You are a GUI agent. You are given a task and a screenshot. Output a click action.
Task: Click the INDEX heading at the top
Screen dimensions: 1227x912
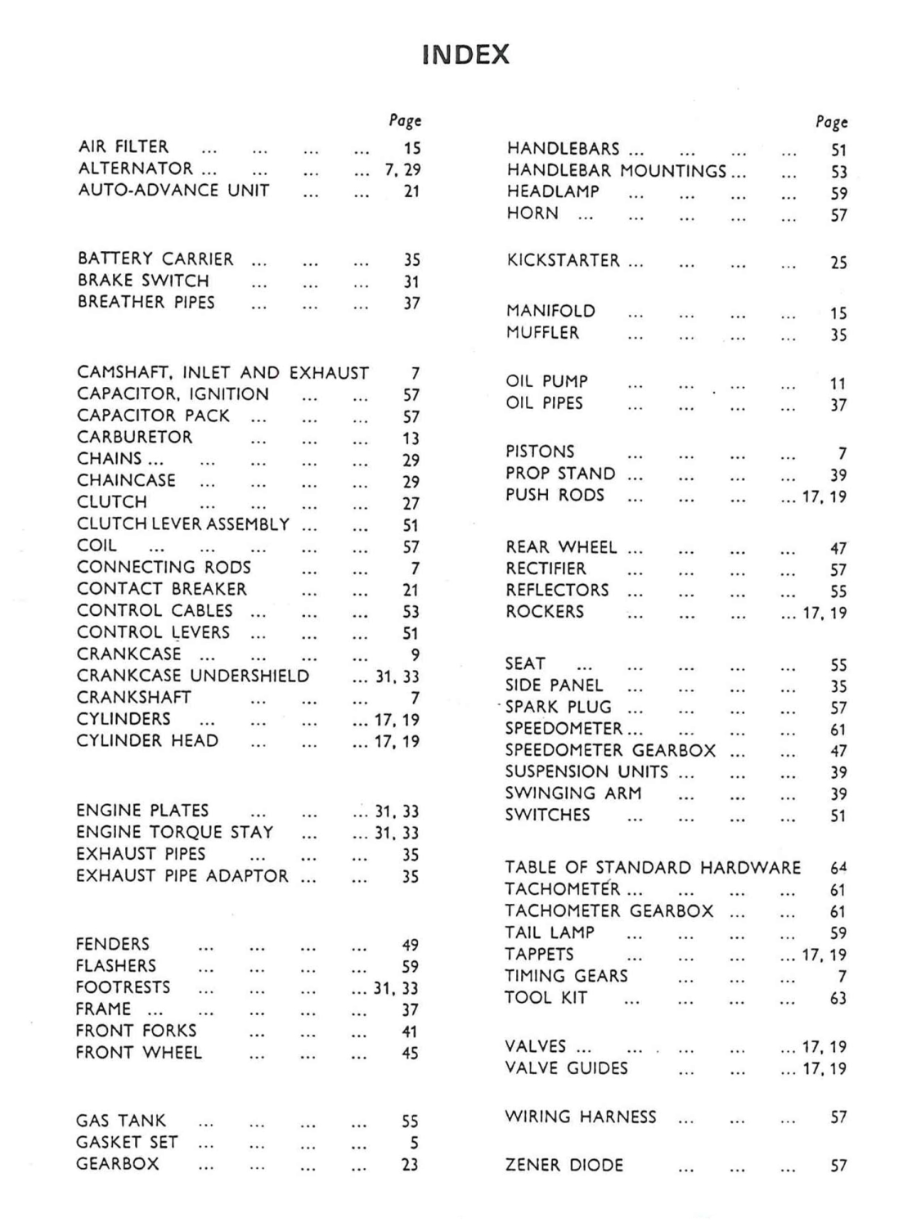tap(466, 55)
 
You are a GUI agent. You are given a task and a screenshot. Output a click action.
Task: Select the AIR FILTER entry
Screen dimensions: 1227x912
tap(124, 147)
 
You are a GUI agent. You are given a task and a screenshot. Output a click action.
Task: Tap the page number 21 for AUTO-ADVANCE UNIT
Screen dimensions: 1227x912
tap(411, 191)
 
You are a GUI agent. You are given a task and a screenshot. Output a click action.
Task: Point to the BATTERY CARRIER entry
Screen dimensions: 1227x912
tap(155, 259)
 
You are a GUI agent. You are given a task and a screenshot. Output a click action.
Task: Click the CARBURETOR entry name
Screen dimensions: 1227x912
tap(135, 438)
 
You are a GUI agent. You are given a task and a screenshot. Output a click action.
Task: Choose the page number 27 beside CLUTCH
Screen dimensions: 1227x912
tap(411, 504)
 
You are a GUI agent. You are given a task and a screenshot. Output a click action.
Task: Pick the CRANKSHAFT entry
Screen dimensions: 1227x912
tap(134, 698)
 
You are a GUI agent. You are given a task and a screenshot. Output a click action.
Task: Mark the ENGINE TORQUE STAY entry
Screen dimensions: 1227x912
tap(175, 833)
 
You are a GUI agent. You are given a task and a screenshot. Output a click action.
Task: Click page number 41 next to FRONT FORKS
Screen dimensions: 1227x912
tap(411, 1032)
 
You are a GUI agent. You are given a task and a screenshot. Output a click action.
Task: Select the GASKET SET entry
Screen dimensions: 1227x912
tap(127, 1143)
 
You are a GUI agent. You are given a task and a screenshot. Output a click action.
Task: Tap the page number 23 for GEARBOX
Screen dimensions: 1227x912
tap(411, 1164)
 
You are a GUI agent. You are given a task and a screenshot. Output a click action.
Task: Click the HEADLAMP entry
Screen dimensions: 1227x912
tap(553, 192)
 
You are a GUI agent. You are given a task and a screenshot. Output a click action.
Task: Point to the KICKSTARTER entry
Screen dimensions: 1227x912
tap(564, 261)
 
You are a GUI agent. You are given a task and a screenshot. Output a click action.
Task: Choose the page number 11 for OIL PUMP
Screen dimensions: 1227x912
tap(838, 383)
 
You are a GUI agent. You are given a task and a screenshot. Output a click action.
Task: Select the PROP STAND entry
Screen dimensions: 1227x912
tap(560, 474)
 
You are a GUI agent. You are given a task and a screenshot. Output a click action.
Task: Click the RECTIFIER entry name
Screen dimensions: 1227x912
tap(546, 569)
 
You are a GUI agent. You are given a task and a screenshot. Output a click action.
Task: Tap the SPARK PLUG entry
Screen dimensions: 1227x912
tap(558, 708)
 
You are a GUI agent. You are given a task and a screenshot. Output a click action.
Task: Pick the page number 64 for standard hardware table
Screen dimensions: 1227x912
tap(838, 868)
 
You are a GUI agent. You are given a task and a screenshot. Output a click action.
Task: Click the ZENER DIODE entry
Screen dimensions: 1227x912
tap(564, 1165)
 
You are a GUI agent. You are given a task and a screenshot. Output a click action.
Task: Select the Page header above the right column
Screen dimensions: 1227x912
tap(832, 123)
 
